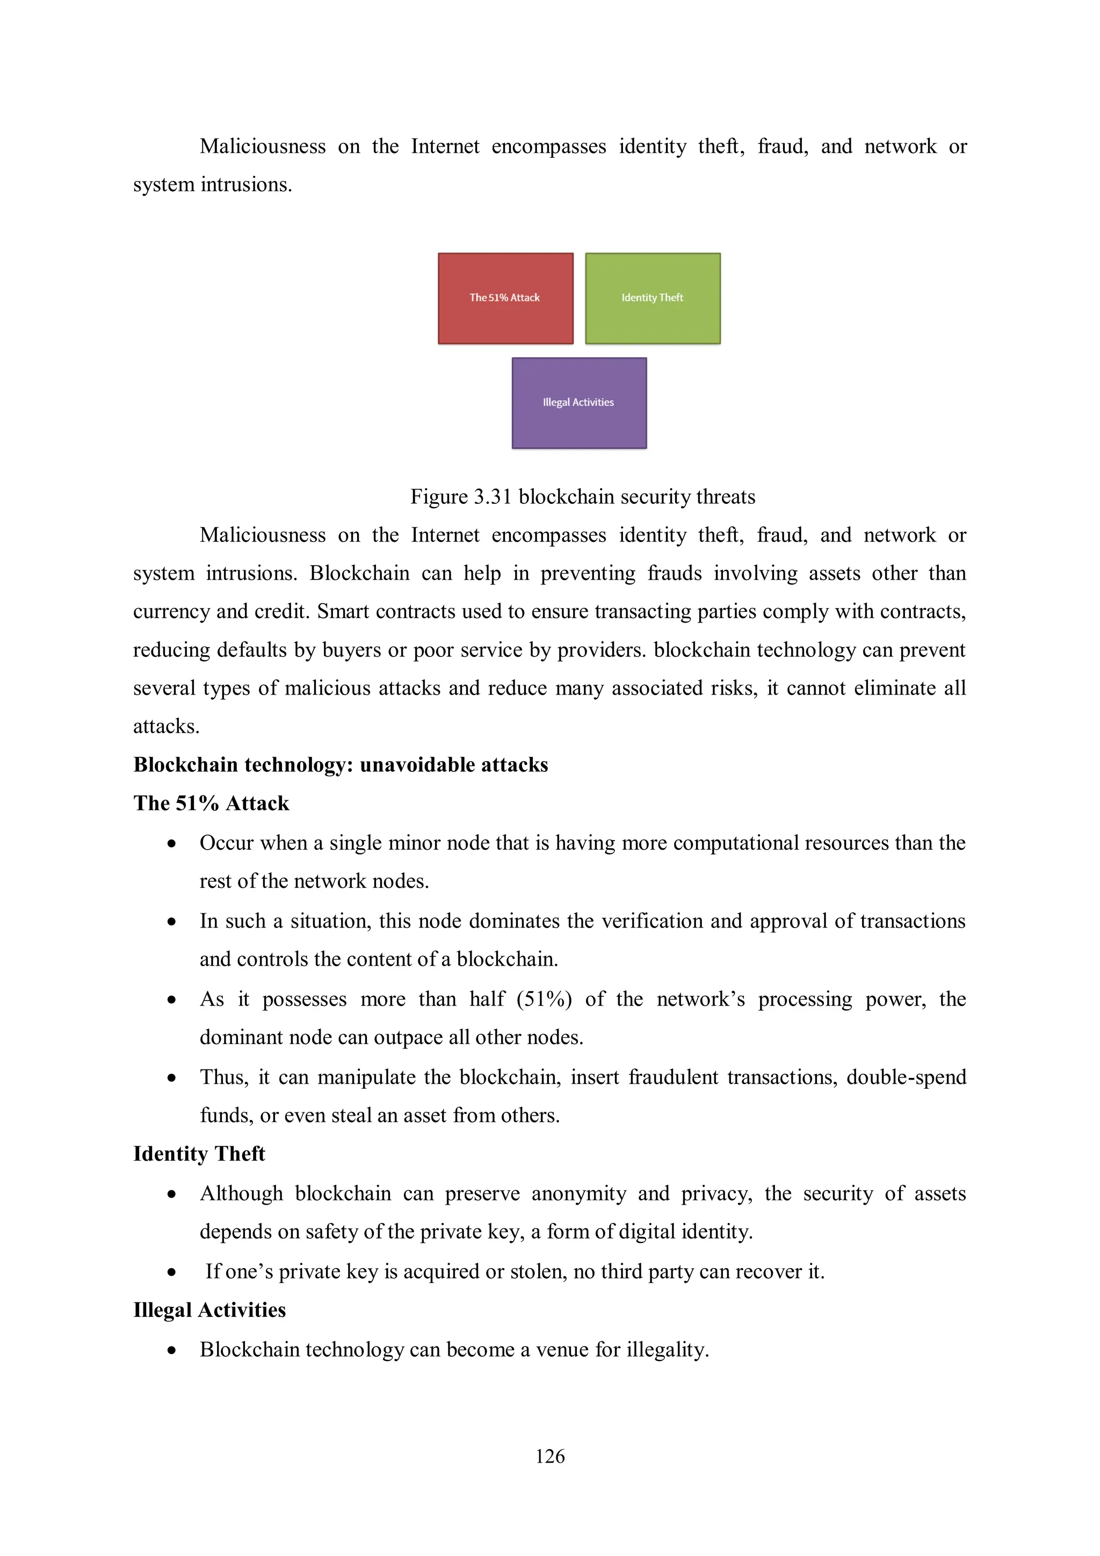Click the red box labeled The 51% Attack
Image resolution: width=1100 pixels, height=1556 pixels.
505,298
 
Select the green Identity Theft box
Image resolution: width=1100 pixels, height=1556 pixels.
653,298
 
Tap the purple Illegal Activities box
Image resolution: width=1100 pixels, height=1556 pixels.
579,402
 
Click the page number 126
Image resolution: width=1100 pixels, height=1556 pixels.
549,1456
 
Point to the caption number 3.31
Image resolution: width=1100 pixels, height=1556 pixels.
492,497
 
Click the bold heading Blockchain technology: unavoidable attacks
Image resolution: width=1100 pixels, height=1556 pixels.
340,764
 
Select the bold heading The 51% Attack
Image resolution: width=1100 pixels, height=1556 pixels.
211,803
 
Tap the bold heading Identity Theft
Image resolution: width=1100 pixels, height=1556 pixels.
199,1154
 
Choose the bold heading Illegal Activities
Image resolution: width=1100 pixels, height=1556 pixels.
209,1310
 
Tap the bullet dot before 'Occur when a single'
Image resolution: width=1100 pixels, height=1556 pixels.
172,844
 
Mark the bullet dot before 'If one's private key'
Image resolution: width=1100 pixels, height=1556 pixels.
172,1272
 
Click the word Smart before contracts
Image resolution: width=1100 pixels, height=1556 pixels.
344,611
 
